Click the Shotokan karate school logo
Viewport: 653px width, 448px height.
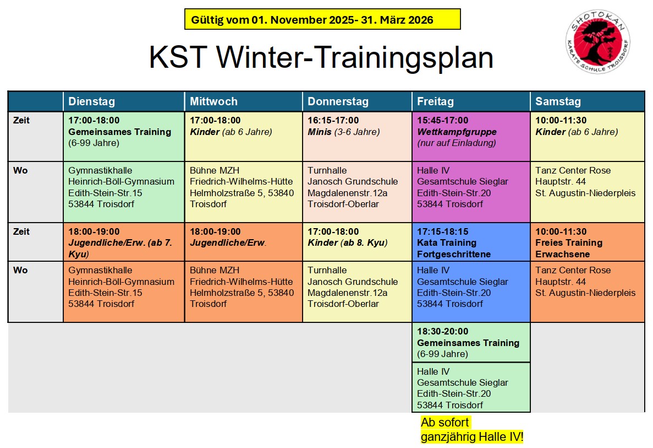(x=597, y=42)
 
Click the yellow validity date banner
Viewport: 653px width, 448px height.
(x=322, y=19)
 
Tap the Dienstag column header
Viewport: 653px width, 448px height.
(x=92, y=101)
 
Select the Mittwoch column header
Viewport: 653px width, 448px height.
(x=213, y=101)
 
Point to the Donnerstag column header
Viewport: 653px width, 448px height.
(x=338, y=101)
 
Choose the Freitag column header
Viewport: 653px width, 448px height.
(x=435, y=101)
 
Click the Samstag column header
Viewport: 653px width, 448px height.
(x=558, y=101)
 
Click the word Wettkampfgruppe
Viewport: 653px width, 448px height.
(x=457, y=132)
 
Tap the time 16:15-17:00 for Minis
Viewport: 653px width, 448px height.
(x=333, y=120)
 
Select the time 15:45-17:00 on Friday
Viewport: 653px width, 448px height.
(x=443, y=120)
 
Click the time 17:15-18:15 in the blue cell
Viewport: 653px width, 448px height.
(x=443, y=231)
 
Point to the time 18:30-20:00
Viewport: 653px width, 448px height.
(x=443, y=331)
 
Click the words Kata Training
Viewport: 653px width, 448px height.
(x=447, y=243)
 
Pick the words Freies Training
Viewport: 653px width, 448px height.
(x=569, y=243)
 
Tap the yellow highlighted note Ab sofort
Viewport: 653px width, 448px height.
(x=445, y=422)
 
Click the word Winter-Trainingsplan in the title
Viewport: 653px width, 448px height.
(x=355, y=57)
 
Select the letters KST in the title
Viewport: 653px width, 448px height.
(x=178, y=57)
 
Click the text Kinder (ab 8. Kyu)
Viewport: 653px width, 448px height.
(x=348, y=243)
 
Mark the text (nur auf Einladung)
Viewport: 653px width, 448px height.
(x=457, y=143)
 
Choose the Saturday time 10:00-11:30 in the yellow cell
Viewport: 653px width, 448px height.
(x=561, y=120)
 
